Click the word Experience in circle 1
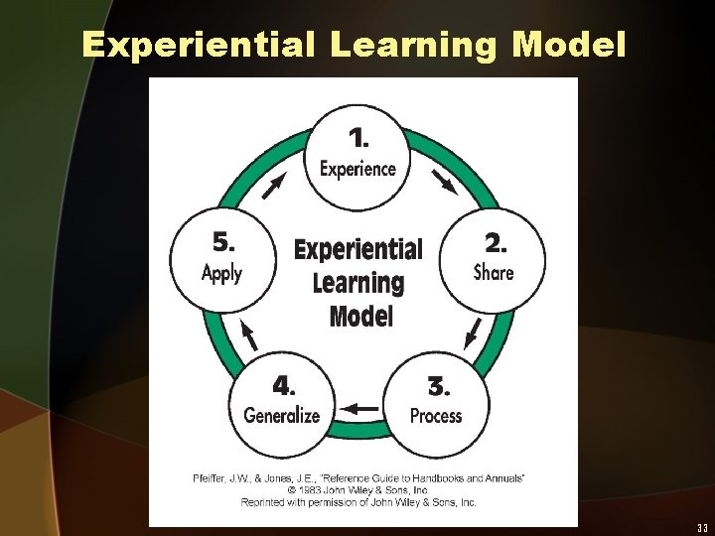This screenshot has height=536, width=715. (357, 169)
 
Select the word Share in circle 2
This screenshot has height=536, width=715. (494, 272)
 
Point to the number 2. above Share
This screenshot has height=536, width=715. (494, 242)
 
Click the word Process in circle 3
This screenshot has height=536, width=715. (436, 416)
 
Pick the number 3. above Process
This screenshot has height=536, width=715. (438, 385)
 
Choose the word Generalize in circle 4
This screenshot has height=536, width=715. (282, 415)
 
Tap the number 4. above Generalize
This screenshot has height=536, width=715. (284, 384)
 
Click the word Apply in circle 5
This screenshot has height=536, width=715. (221, 273)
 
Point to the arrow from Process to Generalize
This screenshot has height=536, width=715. (360, 408)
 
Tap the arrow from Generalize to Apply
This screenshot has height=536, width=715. (249, 335)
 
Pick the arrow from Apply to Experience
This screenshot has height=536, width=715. (275, 185)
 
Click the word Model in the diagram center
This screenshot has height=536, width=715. (360, 316)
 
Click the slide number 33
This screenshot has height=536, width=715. (701, 527)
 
